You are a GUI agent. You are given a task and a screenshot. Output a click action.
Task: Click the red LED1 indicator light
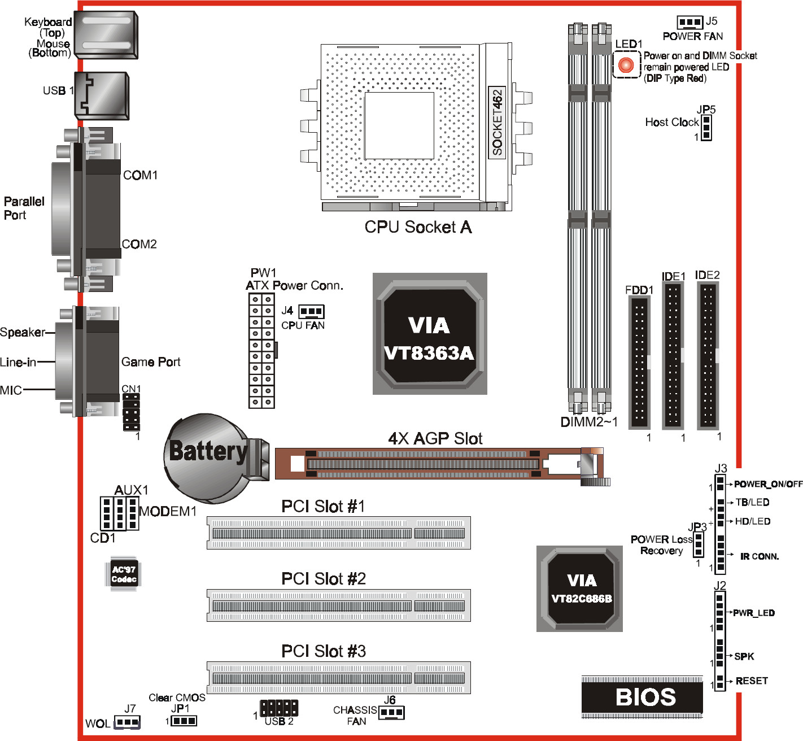tap(626, 65)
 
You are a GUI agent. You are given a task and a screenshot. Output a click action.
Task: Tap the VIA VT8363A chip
tap(429, 334)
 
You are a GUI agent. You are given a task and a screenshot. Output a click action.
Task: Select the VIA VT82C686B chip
tap(580, 589)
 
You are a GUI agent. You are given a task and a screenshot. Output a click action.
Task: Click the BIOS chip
tap(642, 697)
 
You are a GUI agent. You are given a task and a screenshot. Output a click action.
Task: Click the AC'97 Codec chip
tap(124, 574)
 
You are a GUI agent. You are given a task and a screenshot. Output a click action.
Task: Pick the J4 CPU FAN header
tap(311, 311)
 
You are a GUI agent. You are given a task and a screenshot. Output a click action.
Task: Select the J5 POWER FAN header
tap(689, 22)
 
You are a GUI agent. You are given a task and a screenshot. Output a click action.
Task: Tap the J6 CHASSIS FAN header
tap(391, 713)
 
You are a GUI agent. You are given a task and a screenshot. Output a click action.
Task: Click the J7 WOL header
tap(127, 722)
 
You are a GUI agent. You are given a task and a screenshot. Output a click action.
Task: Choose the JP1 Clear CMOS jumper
tap(184, 721)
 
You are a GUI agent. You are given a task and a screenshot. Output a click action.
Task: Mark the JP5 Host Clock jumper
tap(706, 128)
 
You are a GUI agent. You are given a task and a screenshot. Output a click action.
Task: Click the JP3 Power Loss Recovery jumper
tap(699, 543)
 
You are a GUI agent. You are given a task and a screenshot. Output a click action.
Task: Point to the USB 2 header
tap(279, 708)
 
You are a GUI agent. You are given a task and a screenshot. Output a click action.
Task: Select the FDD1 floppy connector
tap(639, 362)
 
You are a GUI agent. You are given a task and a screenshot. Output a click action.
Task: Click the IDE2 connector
tap(708, 356)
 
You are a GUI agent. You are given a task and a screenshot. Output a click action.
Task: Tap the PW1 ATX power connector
tap(261, 350)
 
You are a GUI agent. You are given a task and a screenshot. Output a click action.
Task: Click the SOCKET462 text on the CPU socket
tap(497, 122)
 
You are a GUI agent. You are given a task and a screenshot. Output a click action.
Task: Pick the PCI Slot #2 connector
tap(338, 605)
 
